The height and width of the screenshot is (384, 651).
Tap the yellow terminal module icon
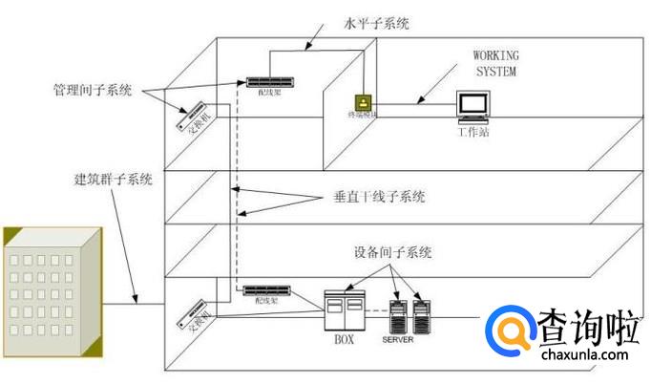tap(363, 102)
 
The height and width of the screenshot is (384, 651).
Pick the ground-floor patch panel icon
tap(264, 290)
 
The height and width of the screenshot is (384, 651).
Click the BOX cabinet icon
tap(344, 309)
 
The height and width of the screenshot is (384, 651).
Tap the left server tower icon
tap(400, 314)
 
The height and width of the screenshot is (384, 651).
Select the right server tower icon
tap(421, 314)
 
